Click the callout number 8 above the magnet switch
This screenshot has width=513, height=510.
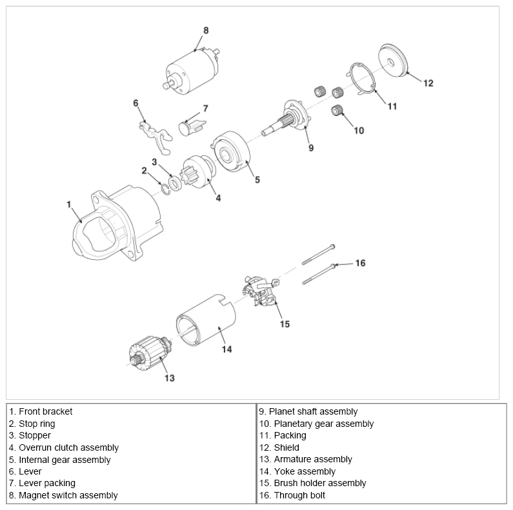206,30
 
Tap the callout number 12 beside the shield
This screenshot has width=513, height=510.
428,83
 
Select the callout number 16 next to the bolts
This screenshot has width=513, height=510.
360,263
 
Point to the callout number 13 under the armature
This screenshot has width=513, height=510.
169,378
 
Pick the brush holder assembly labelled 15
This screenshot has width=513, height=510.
263,289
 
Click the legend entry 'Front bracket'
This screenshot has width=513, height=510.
46,411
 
